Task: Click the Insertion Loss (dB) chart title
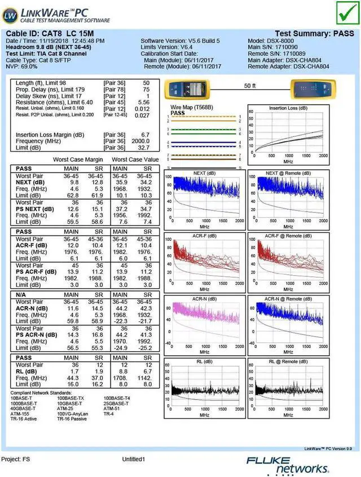pyautogui.click(x=288, y=108)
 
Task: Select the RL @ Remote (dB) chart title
pyautogui.click(x=288, y=361)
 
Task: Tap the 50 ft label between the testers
pyautogui.click(x=250, y=86)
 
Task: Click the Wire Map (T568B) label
pyautogui.click(x=192, y=107)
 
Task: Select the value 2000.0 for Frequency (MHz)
pyautogui.click(x=140, y=142)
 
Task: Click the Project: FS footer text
pyautogui.click(x=16, y=460)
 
